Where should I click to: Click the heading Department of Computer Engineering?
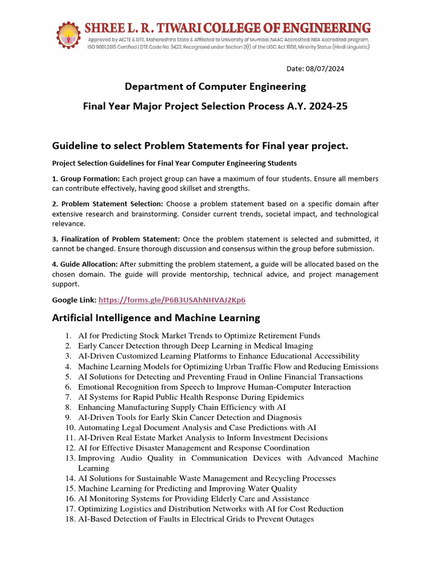click(x=215, y=86)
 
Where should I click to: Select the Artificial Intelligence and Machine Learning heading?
click(x=156, y=318)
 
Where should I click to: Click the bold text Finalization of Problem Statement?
click(x=116, y=239)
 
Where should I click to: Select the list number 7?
click(x=67, y=397)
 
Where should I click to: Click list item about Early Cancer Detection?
click(x=195, y=346)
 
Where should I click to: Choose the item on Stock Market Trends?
click(x=199, y=336)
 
